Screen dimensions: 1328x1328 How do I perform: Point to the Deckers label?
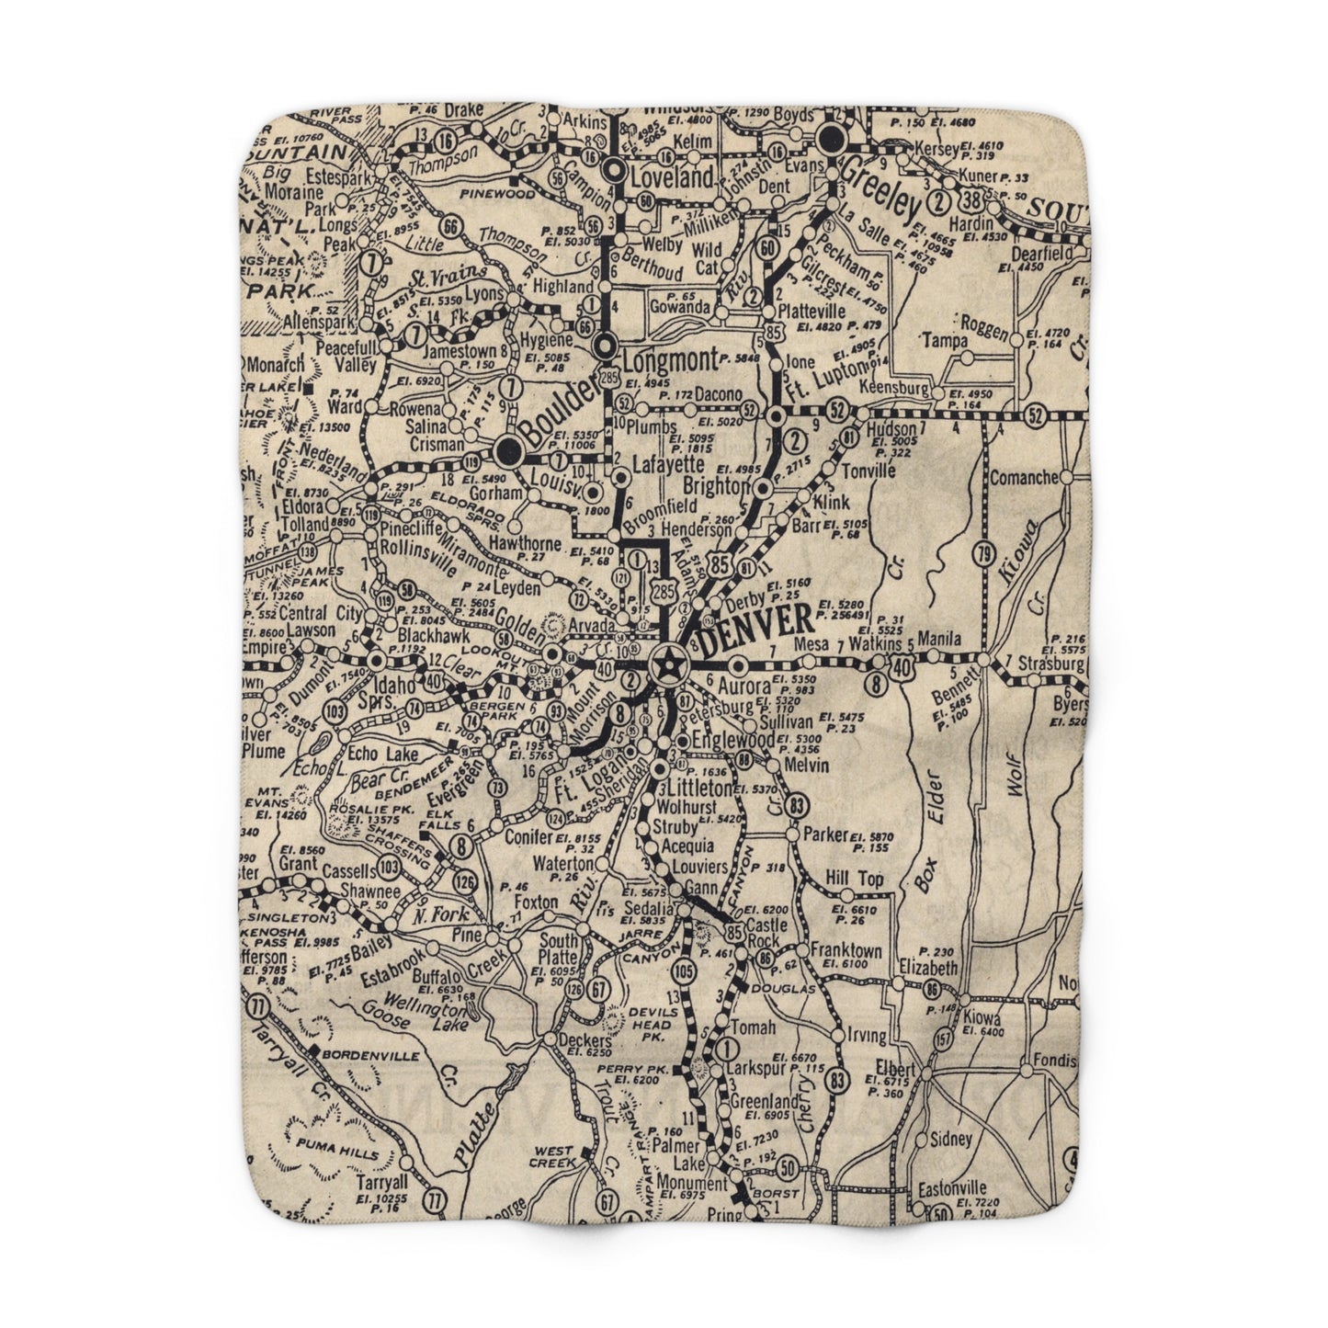pos(584,1040)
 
